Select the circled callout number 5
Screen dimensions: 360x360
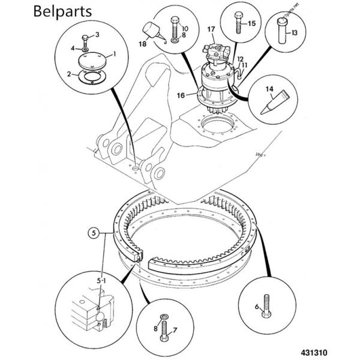pyautogui.click(x=93, y=230)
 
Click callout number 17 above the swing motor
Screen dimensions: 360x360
pyautogui.click(x=211, y=29)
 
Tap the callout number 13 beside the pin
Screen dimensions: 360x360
pyautogui.click(x=294, y=34)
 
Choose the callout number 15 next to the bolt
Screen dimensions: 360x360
pyautogui.click(x=251, y=23)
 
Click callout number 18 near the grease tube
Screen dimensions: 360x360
pyautogui.click(x=142, y=44)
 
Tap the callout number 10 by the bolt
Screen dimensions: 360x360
pyautogui.click(x=185, y=29)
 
